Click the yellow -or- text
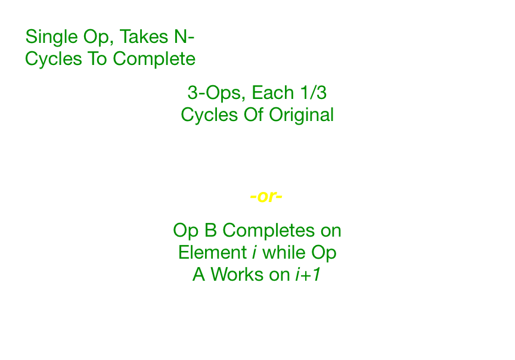pos(266,197)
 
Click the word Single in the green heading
pos(49,38)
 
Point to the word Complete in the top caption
pos(154,59)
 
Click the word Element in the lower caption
pos(212,252)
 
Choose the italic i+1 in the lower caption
pos(308,274)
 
